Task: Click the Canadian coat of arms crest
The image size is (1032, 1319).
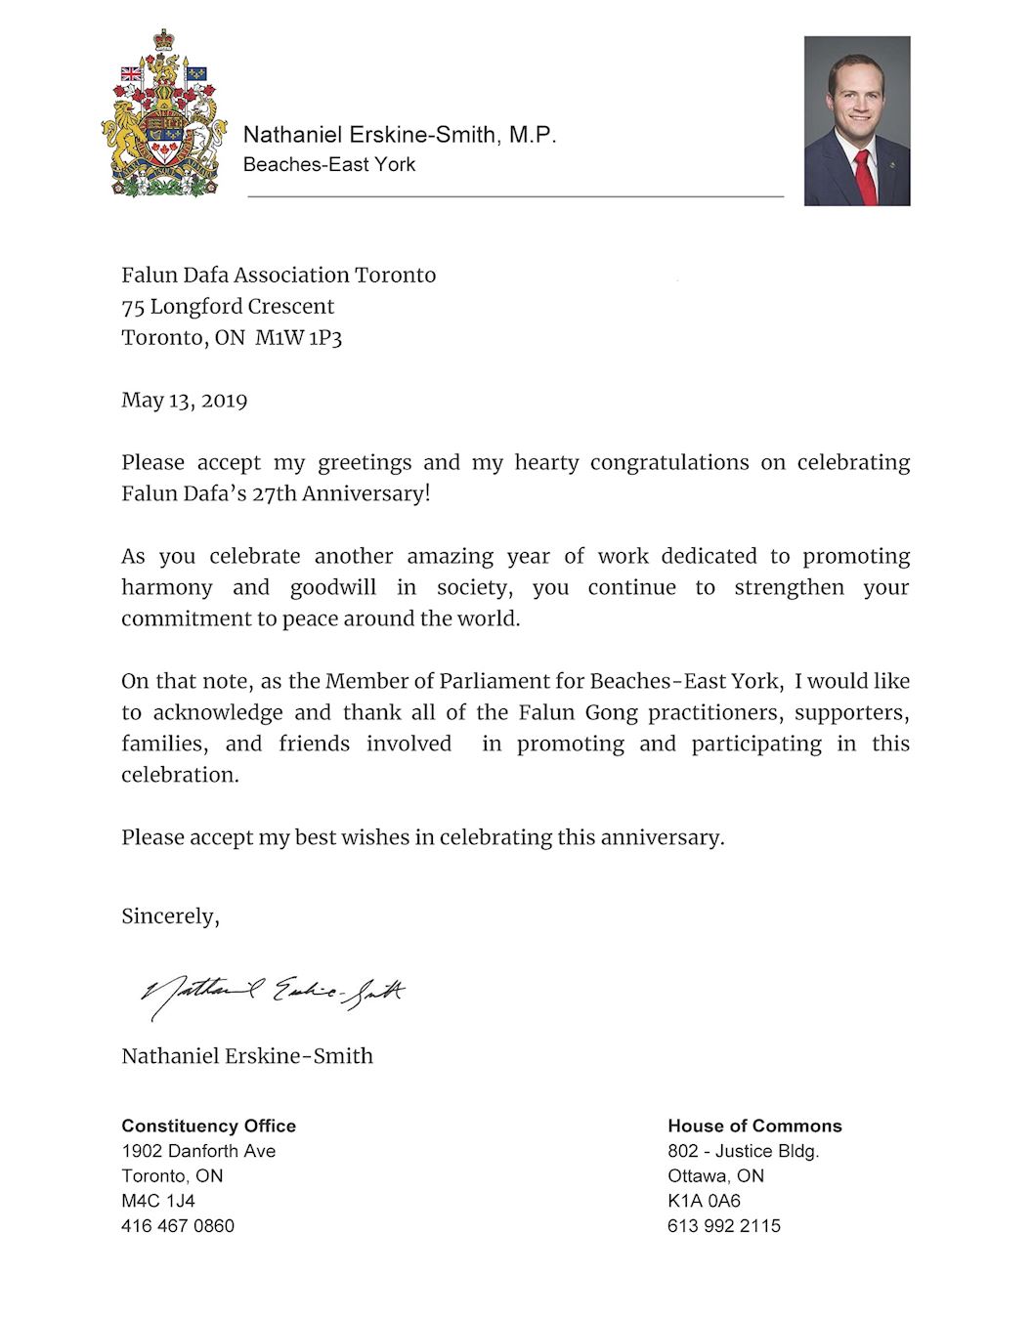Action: pos(163,114)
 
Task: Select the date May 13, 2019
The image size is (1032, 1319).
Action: pos(184,401)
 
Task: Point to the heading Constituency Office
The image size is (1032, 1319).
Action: pos(208,1126)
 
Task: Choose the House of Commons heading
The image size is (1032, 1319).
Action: pos(754,1126)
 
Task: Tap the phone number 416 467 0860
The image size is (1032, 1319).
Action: pos(178,1225)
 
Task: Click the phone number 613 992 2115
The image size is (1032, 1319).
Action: pos(724,1225)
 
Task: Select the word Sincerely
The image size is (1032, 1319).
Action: pos(169,916)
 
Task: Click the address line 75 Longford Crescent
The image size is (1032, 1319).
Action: pos(228,307)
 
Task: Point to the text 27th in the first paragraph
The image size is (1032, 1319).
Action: pos(274,493)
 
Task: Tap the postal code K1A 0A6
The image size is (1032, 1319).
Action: pos(704,1201)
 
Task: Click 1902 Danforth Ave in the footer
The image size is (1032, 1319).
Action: pos(198,1151)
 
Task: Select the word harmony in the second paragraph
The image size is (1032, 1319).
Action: pos(166,587)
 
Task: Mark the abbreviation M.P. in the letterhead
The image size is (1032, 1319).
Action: pos(533,135)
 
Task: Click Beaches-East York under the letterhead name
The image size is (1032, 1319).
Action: pos(329,164)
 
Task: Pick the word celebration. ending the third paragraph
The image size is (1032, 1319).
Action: pos(180,775)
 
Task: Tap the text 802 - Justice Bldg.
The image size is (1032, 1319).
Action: pos(743,1151)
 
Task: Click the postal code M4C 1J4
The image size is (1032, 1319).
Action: pos(158,1201)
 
